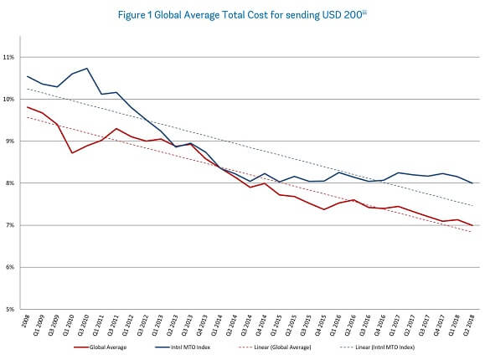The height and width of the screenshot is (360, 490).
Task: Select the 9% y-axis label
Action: [11, 141]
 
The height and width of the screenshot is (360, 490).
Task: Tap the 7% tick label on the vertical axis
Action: [11, 225]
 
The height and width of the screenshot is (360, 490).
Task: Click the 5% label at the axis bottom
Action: [11, 310]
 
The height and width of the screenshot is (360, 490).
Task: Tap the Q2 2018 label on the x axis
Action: [472, 326]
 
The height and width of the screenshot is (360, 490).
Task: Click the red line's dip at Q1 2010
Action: [72, 152]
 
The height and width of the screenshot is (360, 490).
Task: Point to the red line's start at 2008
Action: [27, 106]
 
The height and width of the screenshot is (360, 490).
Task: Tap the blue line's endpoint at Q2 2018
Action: [472, 183]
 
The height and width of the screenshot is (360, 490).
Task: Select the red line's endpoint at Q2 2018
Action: [472, 226]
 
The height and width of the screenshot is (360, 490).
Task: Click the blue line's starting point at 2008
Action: [27, 76]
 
